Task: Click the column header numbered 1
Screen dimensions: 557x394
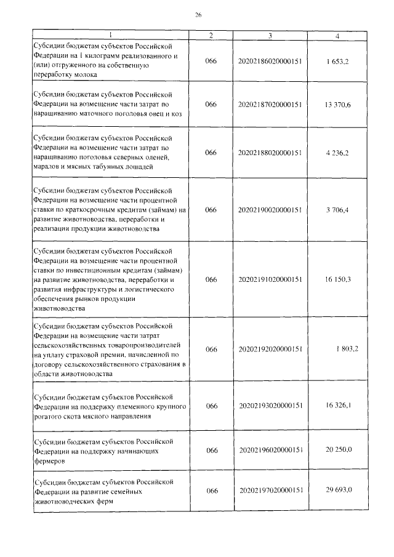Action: [110, 36]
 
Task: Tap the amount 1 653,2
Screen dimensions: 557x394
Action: [338, 62]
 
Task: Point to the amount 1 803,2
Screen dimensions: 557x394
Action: [339, 349]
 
